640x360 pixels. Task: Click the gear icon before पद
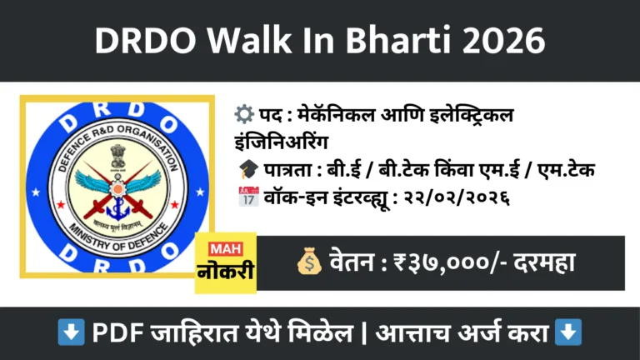247,113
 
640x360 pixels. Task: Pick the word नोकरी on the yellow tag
225,273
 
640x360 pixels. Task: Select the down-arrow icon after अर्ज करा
568,333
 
